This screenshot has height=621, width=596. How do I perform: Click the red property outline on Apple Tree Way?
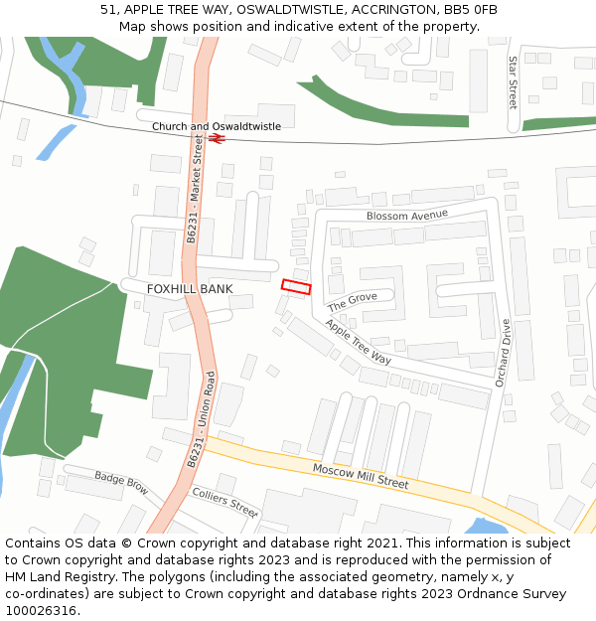pos(296,287)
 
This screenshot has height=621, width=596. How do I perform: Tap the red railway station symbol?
pos(217,138)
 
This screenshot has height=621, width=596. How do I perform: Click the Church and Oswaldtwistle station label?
pos(216,126)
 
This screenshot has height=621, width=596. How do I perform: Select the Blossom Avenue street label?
pos(406,215)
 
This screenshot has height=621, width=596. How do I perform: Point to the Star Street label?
pos(513,82)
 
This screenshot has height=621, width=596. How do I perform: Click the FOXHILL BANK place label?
pos(190,289)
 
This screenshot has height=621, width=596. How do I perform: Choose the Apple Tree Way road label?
pos(359,342)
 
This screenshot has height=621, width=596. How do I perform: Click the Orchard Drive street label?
pos(503,353)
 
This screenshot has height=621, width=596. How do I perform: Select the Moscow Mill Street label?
pos(361,476)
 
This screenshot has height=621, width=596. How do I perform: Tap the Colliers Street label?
pos(224,502)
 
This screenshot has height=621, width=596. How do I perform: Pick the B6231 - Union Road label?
pos(201,419)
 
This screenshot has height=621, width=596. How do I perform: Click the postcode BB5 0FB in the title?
pos(475,10)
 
